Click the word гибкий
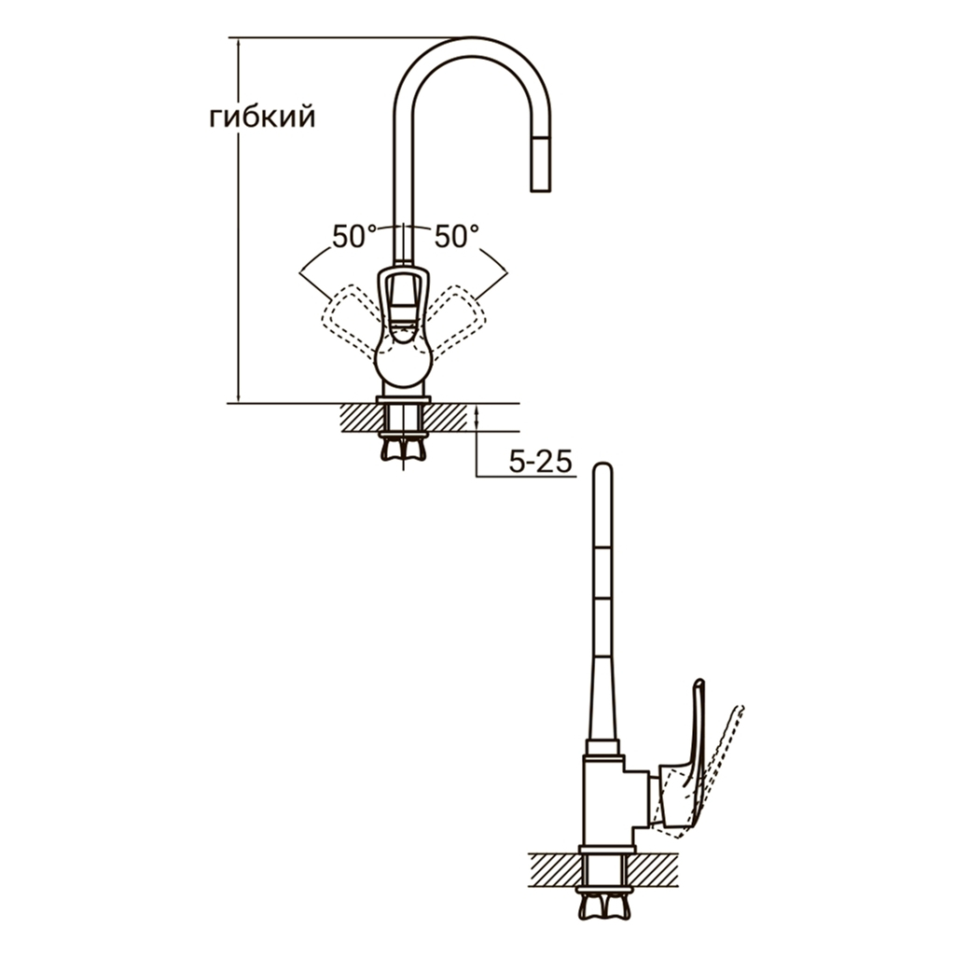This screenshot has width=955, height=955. coord(262,118)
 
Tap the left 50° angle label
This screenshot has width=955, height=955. coord(354,236)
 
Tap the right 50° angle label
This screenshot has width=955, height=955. coord(456,236)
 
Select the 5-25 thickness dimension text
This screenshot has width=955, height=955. coord(540,463)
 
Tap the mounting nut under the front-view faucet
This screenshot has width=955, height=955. coord(403,448)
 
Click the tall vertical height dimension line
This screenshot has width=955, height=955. coord(238,220)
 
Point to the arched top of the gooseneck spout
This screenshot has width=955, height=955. coord(473,48)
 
